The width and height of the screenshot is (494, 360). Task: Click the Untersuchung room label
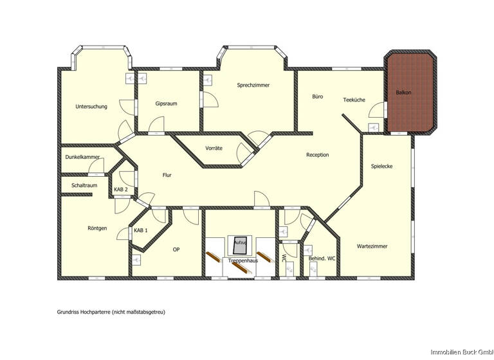91,106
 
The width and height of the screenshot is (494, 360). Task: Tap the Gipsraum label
166,103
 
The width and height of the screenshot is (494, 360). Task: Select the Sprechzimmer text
253,85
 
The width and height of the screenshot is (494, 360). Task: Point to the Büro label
317,96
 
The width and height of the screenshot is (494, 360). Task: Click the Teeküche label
354,100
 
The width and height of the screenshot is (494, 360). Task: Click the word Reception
317,154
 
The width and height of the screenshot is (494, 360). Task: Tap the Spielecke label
381,166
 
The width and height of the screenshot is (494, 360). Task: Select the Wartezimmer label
372,246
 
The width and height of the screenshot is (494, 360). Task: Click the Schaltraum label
84,185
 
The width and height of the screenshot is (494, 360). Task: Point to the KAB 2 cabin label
121,190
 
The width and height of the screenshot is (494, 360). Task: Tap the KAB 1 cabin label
141,230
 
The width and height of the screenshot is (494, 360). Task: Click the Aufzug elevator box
240,243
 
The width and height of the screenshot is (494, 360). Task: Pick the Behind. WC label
322,258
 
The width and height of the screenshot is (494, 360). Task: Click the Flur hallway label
167,174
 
